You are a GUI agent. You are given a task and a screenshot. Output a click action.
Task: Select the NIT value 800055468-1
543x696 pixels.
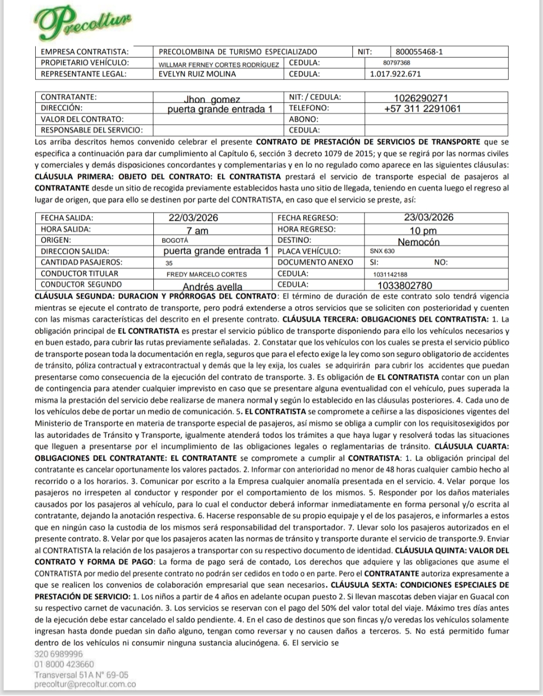(x=419, y=51)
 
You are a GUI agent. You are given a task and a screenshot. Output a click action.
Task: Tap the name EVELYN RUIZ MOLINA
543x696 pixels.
(x=197, y=74)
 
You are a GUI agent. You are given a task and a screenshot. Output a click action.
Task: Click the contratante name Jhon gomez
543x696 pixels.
(x=212, y=100)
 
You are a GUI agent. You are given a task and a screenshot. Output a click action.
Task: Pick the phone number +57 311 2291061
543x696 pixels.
(x=422, y=109)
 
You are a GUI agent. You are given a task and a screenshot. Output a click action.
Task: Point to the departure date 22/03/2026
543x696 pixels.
(x=194, y=218)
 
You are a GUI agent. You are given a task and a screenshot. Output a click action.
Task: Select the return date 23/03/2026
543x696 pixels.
(x=428, y=217)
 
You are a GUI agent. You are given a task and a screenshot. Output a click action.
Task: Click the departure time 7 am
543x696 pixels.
(x=197, y=231)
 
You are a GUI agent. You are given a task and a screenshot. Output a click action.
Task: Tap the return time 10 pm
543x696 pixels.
(x=423, y=231)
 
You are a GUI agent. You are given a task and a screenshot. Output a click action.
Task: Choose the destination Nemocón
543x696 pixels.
(x=418, y=242)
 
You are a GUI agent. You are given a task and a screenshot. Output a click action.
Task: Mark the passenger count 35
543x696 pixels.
(x=169, y=263)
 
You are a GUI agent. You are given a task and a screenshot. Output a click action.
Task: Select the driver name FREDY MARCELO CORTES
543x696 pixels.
(x=207, y=275)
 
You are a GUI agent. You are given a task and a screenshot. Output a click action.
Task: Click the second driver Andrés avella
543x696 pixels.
(x=212, y=287)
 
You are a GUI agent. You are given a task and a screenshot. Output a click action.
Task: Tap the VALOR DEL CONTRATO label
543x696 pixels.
(x=82, y=119)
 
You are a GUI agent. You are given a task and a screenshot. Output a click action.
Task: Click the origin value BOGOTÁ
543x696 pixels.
(x=175, y=240)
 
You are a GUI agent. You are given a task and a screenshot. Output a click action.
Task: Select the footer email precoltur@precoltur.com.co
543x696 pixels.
(x=85, y=684)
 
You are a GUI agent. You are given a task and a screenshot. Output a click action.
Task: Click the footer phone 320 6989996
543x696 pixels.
(x=59, y=654)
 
